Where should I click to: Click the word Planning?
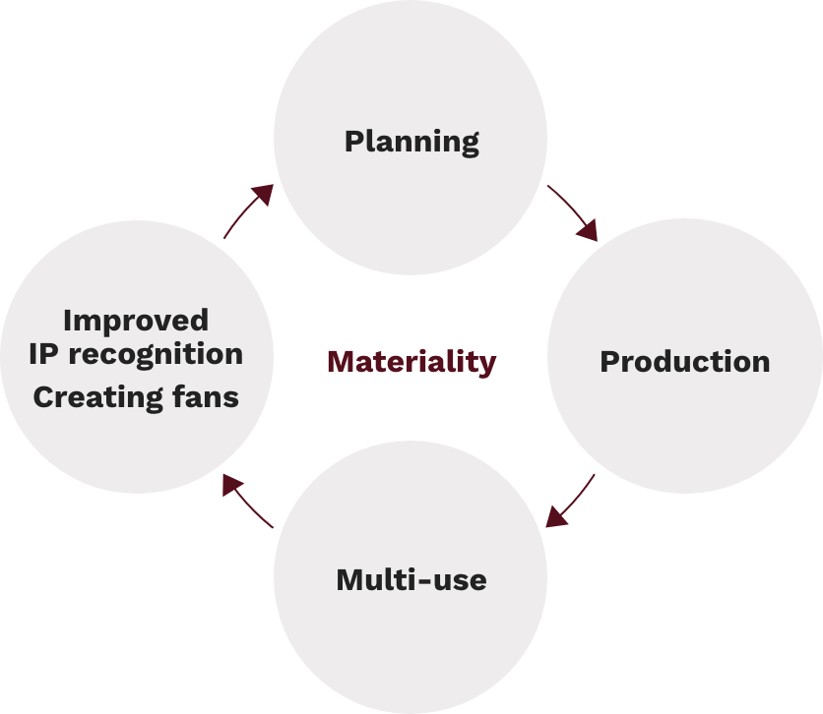pyautogui.click(x=411, y=142)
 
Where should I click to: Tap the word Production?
pyautogui.click(x=685, y=362)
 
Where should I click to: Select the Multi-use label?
pyautogui.click(x=411, y=580)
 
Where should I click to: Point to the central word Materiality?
pyautogui.click(x=411, y=362)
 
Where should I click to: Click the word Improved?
pyautogui.click(x=136, y=321)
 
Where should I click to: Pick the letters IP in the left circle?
pyautogui.click(x=42, y=354)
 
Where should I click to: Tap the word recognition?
pyautogui.click(x=156, y=355)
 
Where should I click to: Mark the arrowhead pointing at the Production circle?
pyautogui.click(x=589, y=231)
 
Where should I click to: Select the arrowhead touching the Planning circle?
pyautogui.click(x=264, y=194)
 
